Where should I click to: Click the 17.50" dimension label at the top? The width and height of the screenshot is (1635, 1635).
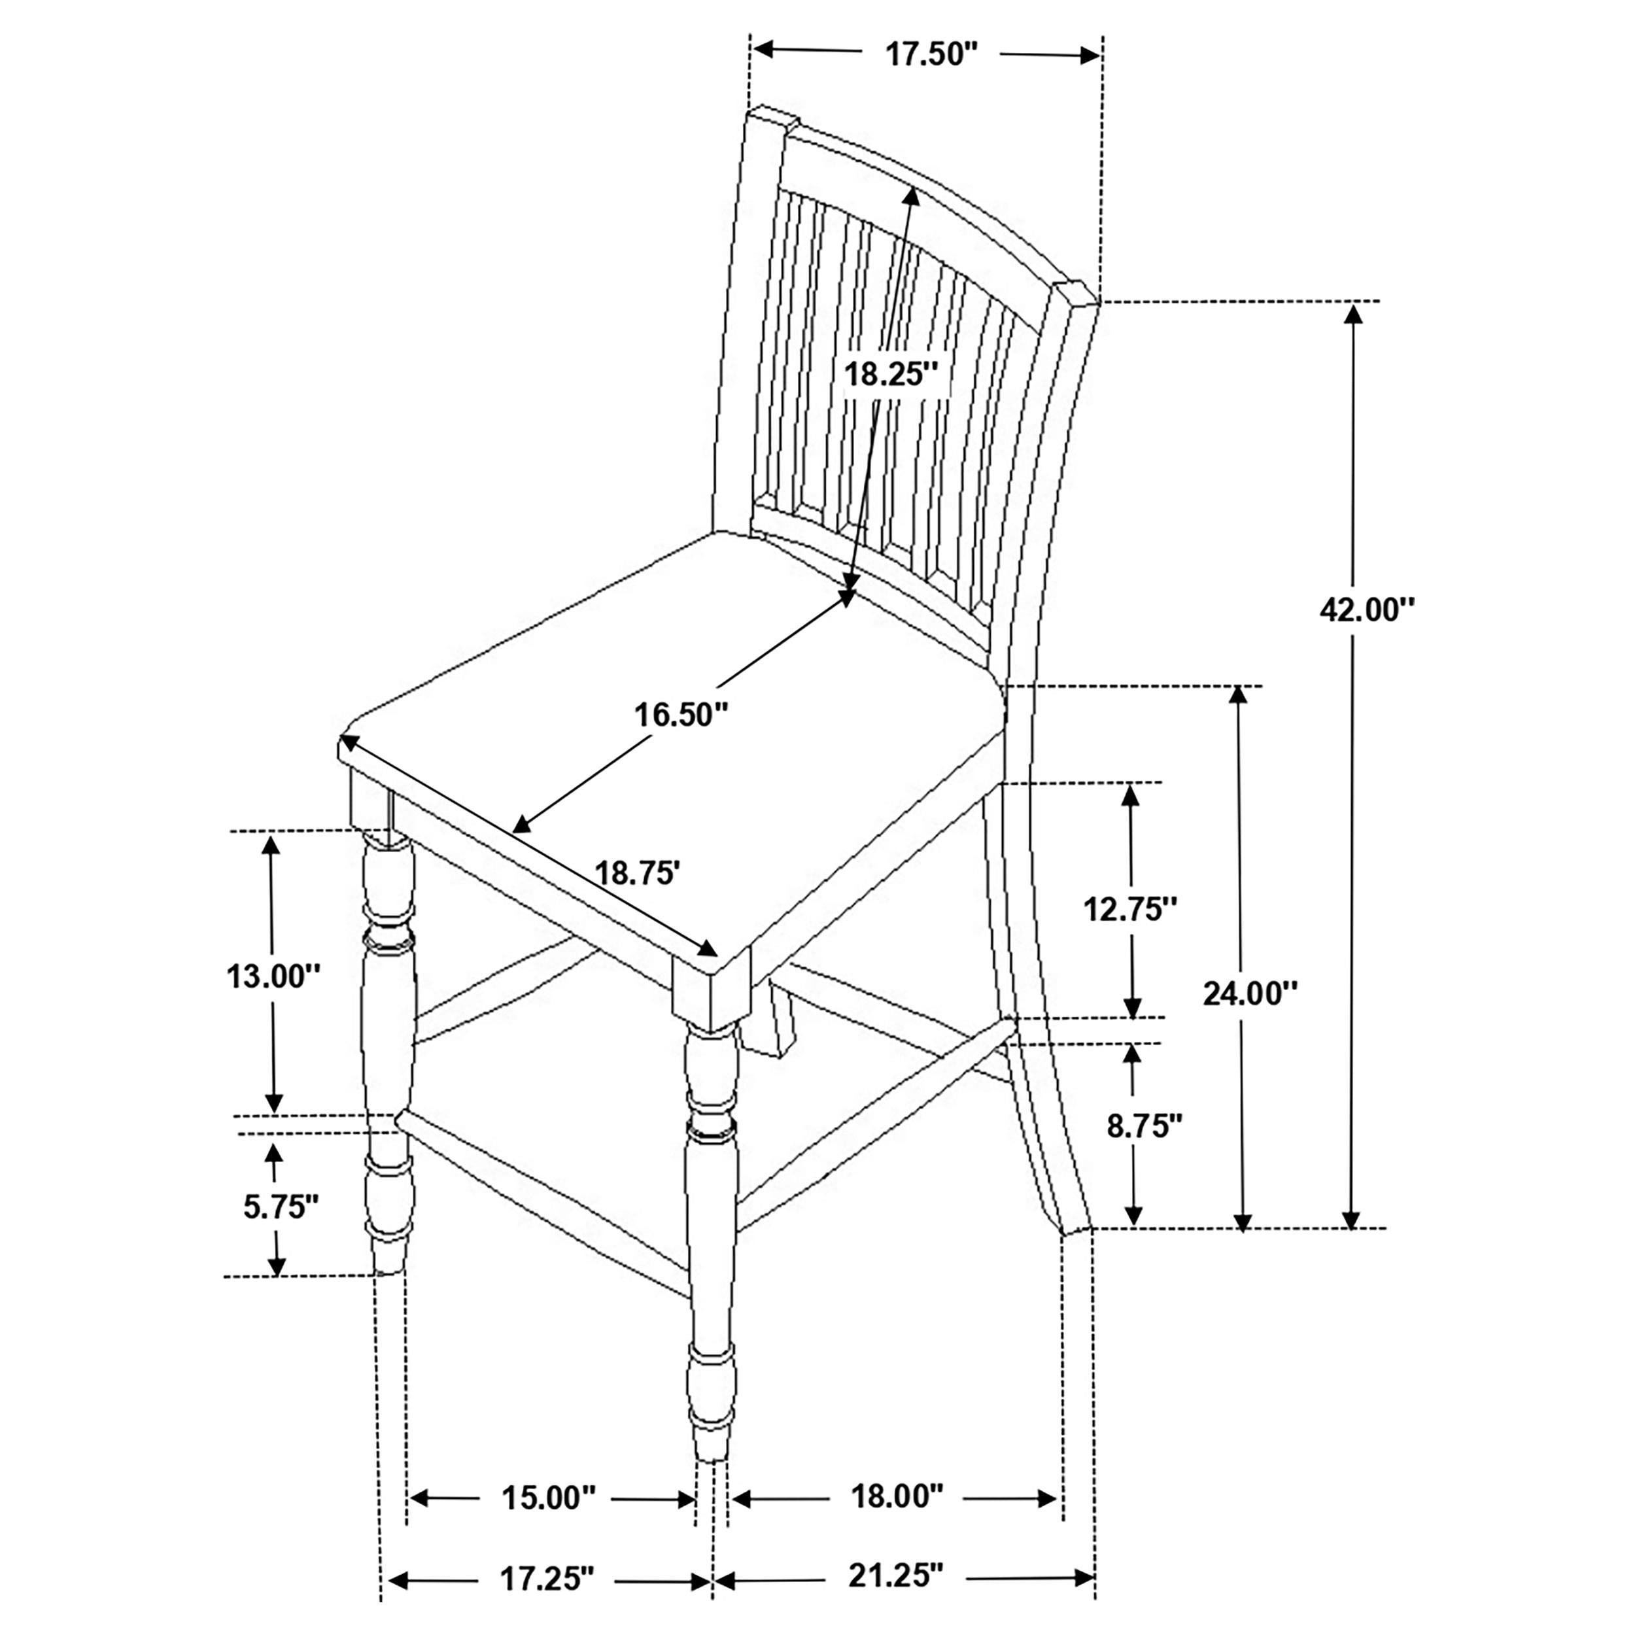pyautogui.click(x=931, y=54)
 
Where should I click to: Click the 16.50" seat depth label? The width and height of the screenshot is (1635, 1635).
pyautogui.click(x=681, y=714)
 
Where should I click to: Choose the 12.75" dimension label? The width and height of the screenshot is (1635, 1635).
pyautogui.click(x=1131, y=909)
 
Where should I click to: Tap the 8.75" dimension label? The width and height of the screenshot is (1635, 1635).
pyautogui.click(x=1144, y=1126)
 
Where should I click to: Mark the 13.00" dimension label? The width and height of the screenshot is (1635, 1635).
pyautogui.click(x=273, y=976)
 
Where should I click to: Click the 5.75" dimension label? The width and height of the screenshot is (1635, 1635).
pyautogui.click(x=281, y=1207)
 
